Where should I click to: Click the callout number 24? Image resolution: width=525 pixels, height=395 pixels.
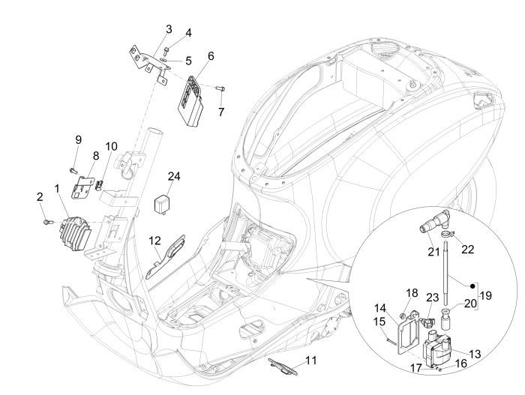click(174, 176)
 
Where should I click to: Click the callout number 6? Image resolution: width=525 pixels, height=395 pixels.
click(211, 56)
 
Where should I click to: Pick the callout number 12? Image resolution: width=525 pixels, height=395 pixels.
click(154, 241)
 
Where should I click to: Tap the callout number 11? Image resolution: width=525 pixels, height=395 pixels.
click(310, 360)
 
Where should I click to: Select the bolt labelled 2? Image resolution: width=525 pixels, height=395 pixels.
click(49, 222)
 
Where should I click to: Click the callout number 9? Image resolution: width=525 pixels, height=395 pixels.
click(77, 139)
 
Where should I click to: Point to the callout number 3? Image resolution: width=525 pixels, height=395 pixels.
click(169, 28)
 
